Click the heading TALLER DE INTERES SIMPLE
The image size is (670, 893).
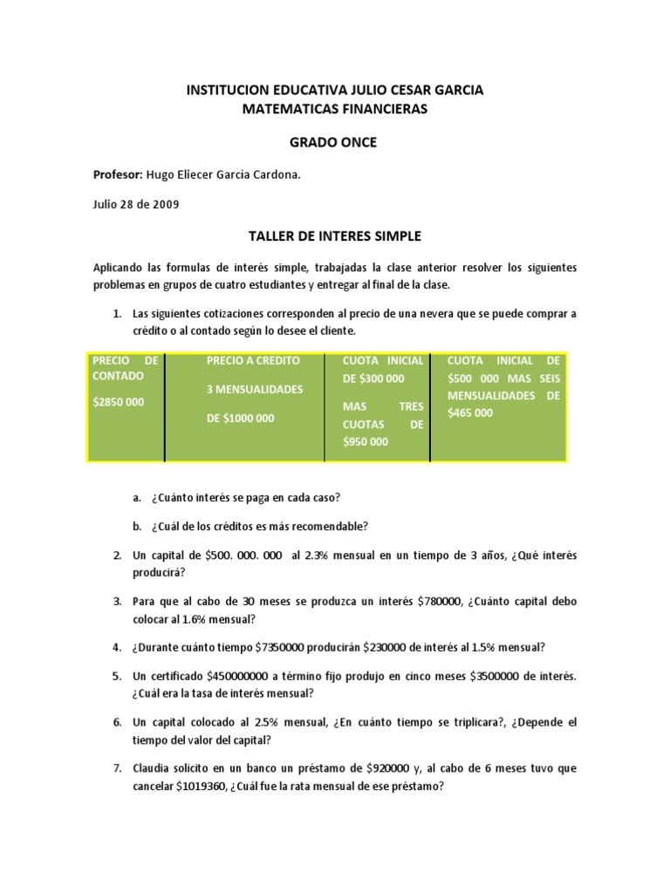pos(335,235)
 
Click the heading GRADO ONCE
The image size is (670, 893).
pos(335,142)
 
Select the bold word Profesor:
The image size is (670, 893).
pos(118,174)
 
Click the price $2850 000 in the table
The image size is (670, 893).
pos(119,402)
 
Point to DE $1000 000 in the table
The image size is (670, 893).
pos(240,418)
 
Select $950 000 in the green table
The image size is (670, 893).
pos(366,441)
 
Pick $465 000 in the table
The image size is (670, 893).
pos(470,412)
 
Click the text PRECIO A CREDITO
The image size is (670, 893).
pos(253,360)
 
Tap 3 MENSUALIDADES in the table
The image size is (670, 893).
pos(255,389)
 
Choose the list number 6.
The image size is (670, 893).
pos(117,723)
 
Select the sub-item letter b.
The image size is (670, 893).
pos(137,526)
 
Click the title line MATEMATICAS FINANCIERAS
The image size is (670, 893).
pos(335,108)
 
